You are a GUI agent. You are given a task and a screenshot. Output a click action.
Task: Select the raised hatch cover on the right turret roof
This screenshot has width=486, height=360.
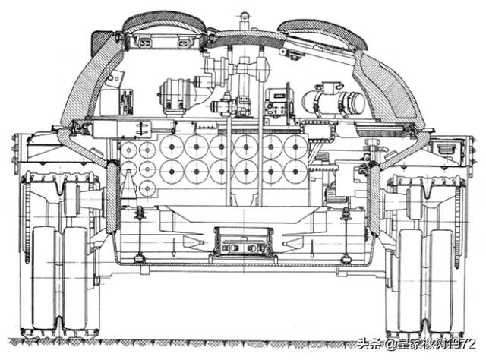[x=322, y=33]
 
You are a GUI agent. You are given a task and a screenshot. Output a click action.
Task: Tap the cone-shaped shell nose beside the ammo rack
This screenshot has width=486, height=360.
[x=128, y=185]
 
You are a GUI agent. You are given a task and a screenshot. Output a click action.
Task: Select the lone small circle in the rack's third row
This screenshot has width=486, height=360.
[x=147, y=188]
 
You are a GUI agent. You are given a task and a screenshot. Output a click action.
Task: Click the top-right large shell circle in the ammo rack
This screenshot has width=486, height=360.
[x=295, y=147]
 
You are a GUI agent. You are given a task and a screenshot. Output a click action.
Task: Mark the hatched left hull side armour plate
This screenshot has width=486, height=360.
[x=112, y=198]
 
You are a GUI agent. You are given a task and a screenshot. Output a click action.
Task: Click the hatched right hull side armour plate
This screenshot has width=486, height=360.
[x=374, y=198]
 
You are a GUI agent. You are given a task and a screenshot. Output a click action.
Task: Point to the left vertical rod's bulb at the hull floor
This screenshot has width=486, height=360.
[x=140, y=258]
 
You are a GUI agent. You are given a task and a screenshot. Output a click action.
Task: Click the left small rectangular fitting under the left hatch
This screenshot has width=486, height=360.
[x=145, y=43]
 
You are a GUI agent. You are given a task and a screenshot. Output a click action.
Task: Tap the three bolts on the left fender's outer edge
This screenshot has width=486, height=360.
[x=14, y=148]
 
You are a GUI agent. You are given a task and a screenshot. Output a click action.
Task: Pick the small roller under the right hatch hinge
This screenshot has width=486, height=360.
[x=282, y=51]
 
